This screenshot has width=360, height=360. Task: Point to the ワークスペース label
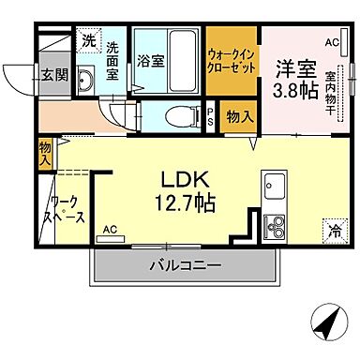[x=67, y=209]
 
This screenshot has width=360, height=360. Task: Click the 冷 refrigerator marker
[x=333, y=228]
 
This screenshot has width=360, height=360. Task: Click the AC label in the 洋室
[x=331, y=42]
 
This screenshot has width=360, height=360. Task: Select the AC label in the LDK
[x=110, y=228]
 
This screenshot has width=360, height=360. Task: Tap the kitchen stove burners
[x=277, y=226]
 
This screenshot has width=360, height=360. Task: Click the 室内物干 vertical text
[x=331, y=84]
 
